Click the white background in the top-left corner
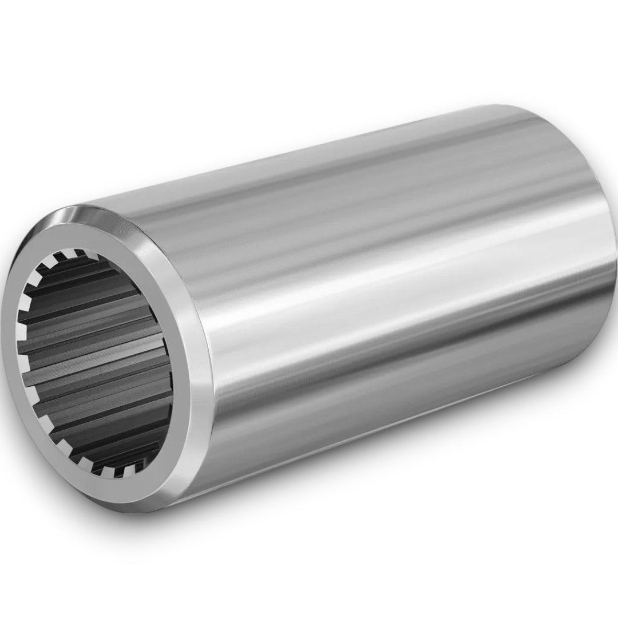[34, 34]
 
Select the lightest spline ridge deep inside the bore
[86, 343]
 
